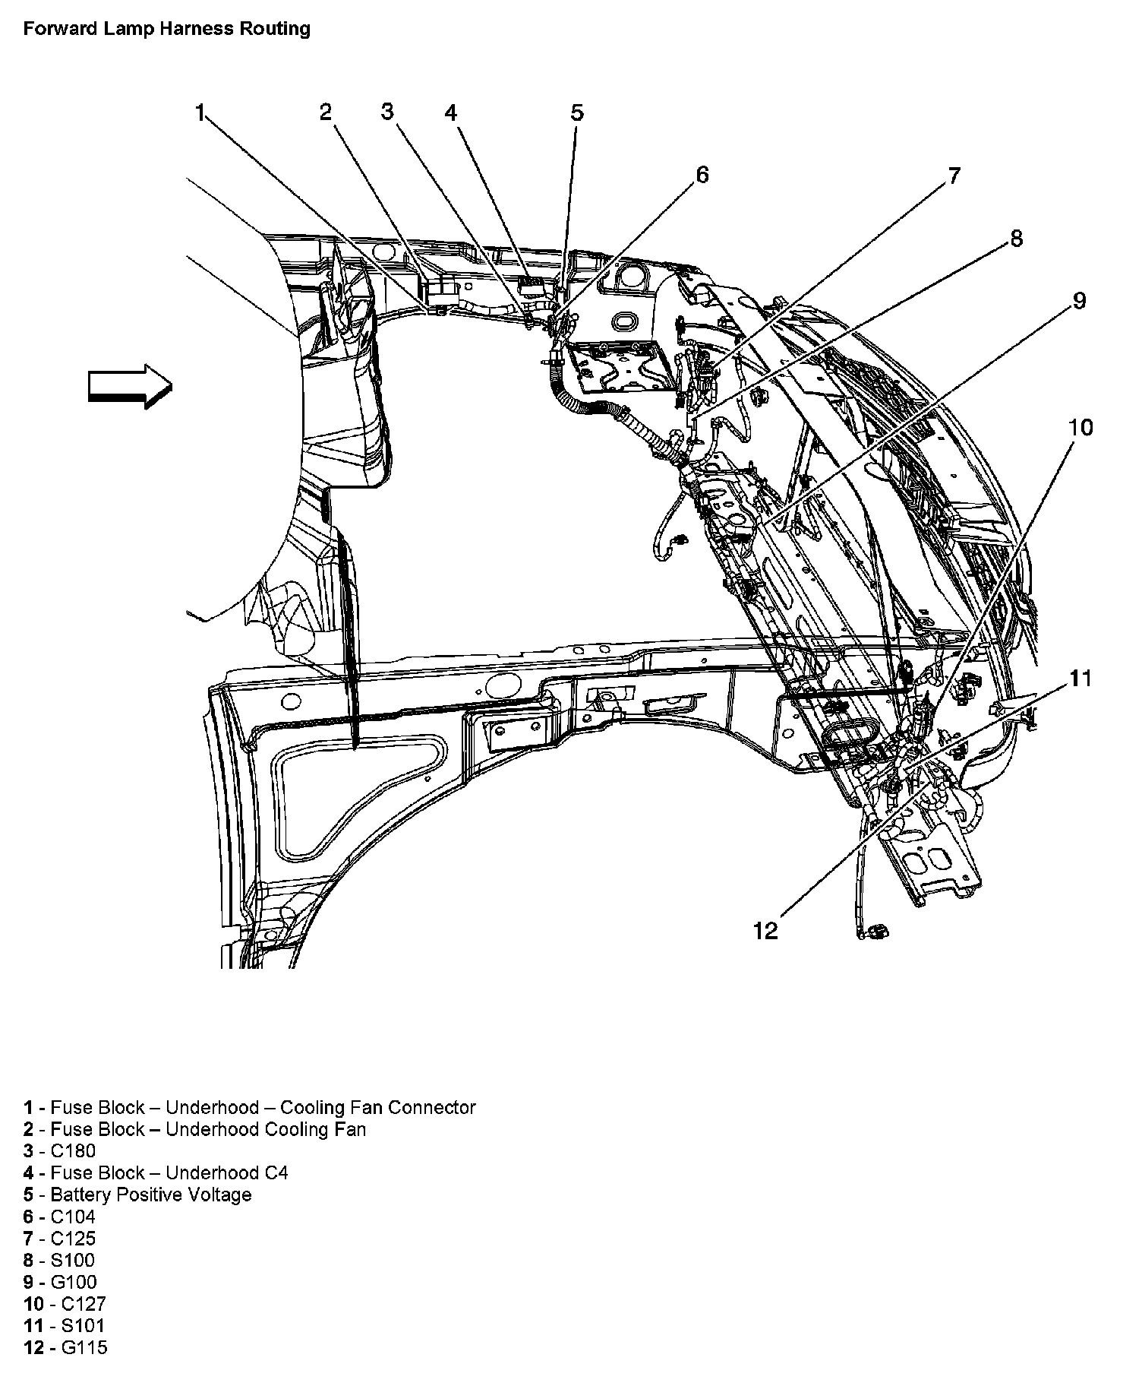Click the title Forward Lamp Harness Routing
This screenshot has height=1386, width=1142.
[166, 30]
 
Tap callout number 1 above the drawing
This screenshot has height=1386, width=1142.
[200, 114]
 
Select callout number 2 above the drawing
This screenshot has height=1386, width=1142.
[326, 112]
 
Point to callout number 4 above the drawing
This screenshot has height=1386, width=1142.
[451, 113]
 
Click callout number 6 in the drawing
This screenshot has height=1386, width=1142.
[702, 175]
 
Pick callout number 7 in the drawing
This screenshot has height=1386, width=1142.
[953, 176]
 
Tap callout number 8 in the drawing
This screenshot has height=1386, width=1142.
[1016, 239]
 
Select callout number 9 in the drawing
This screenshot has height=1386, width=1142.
[1079, 301]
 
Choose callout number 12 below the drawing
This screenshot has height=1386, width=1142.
[766, 931]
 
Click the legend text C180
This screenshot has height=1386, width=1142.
[73, 1151]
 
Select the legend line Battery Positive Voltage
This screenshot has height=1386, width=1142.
[150, 1195]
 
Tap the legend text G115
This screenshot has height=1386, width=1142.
[78, 1348]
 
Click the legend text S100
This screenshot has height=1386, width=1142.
[73, 1261]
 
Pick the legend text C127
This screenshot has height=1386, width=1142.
[78, 1304]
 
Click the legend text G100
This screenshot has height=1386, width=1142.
[74, 1283]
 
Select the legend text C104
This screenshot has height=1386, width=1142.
[73, 1217]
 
